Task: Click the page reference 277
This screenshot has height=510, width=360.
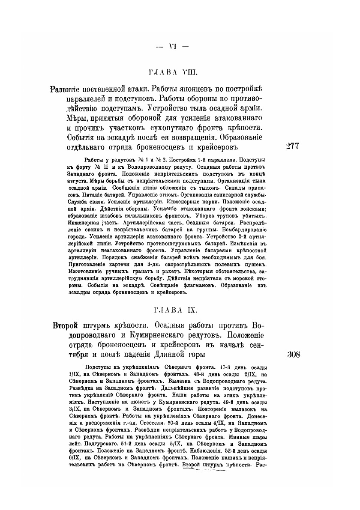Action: pyautogui.click(x=292, y=146)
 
